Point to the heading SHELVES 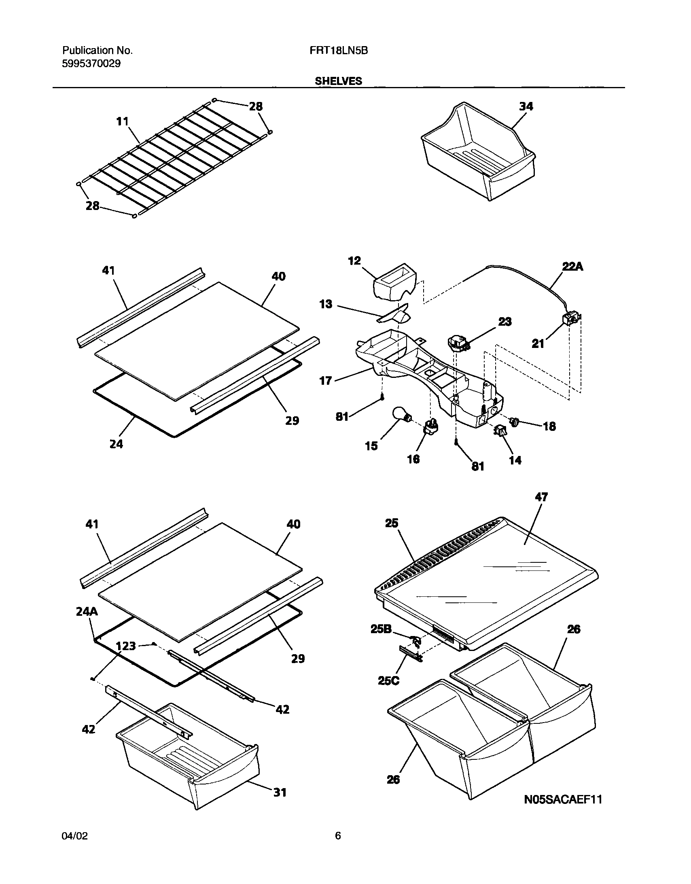pos(338,81)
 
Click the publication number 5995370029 pos(91,64)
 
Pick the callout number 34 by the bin pos(526,106)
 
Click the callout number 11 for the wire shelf pos(122,121)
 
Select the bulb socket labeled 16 pos(431,426)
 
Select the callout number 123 pos(125,646)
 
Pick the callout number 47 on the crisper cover pos(541,497)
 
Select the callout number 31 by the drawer pos(280,792)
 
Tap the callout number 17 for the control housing pos(325,380)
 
